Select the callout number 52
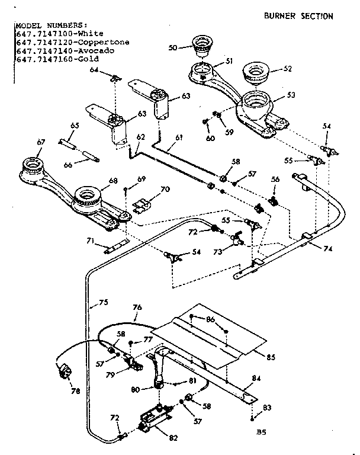tap(288, 69)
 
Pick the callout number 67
tap(41, 142)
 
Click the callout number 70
tap(164, 190)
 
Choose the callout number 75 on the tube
tap(103, 302)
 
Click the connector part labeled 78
tap(63, 371)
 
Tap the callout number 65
tap(75, 126)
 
